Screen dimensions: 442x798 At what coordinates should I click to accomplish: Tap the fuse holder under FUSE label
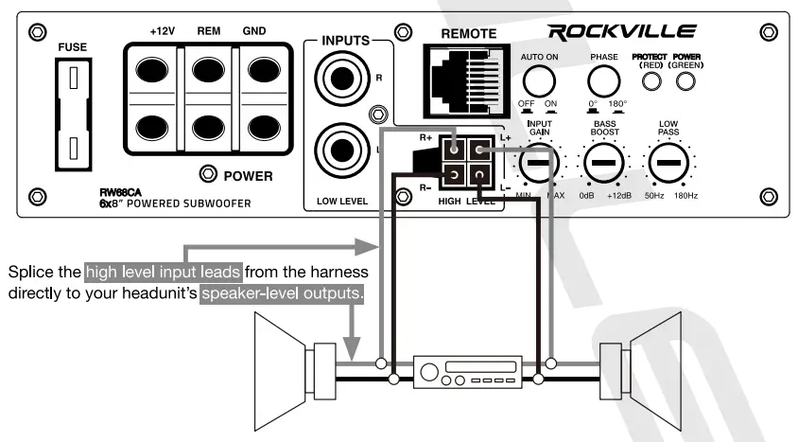tap(72, 115)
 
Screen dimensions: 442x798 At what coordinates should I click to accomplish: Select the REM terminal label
tap(209, 31)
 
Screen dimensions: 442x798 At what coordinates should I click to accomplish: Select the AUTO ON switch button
tap(538, 79)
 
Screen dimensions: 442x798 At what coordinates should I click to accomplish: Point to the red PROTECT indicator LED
tap(651, 82)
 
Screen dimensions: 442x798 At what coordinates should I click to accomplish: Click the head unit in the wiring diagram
tap(467, 369)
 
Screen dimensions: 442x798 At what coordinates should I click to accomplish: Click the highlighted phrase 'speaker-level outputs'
tap(309, 293)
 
